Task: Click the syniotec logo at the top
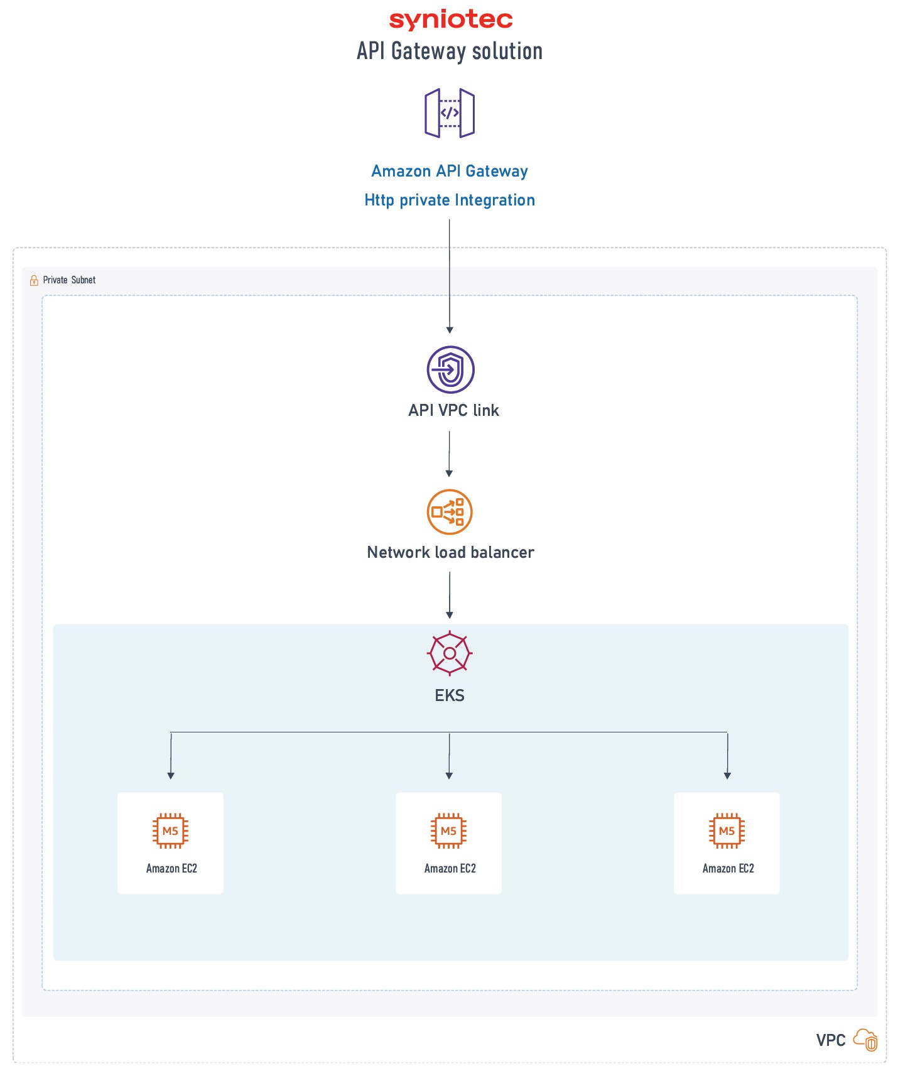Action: tap(451, 20)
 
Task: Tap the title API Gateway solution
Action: tap(450, 52)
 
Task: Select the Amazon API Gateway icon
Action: tap(450, 113)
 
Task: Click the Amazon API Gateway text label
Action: tap(450, 171)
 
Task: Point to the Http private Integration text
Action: tap(450, 200)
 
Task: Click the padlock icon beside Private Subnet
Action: tap(34, 280)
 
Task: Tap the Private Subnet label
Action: tap(69, 280)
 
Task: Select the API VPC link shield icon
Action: tap(450, 369)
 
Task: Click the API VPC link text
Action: tap(453, 410)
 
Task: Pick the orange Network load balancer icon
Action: tap(450, 512)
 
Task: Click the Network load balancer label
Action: tap(450, 552)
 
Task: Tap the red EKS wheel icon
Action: tap(450, 653)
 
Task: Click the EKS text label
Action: tap(450, 695)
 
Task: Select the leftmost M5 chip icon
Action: tap(171, 831)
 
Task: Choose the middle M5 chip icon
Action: tap(449, 831)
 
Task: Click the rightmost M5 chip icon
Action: tap(727, 831)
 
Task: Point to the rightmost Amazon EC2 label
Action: tap(728, 869)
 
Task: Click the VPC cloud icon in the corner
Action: tap(866, 1040)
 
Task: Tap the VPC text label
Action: tap(831, 1040)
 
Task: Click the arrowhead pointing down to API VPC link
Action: tap(450, 330)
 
